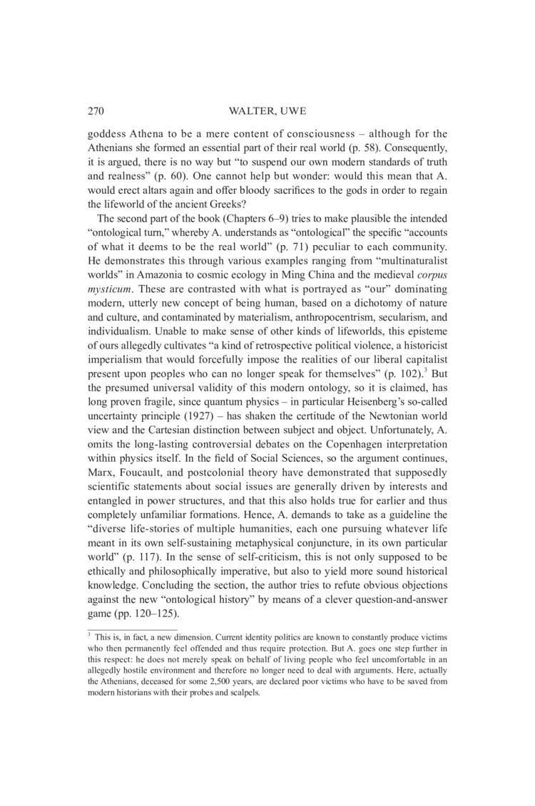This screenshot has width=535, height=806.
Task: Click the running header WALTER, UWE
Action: click(268, 111)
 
